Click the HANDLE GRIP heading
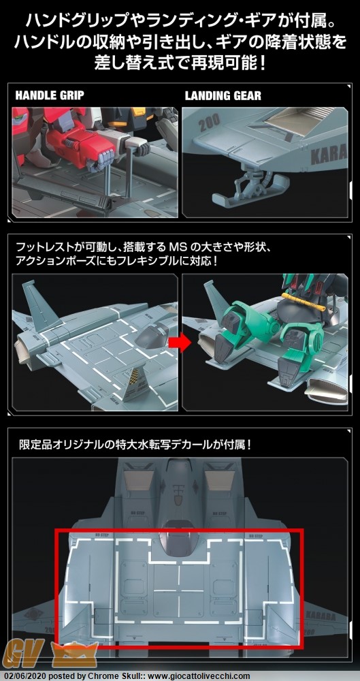tap(50, 95)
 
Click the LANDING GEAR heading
tap(223, 95)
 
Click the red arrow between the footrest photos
tap(180, 343)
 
